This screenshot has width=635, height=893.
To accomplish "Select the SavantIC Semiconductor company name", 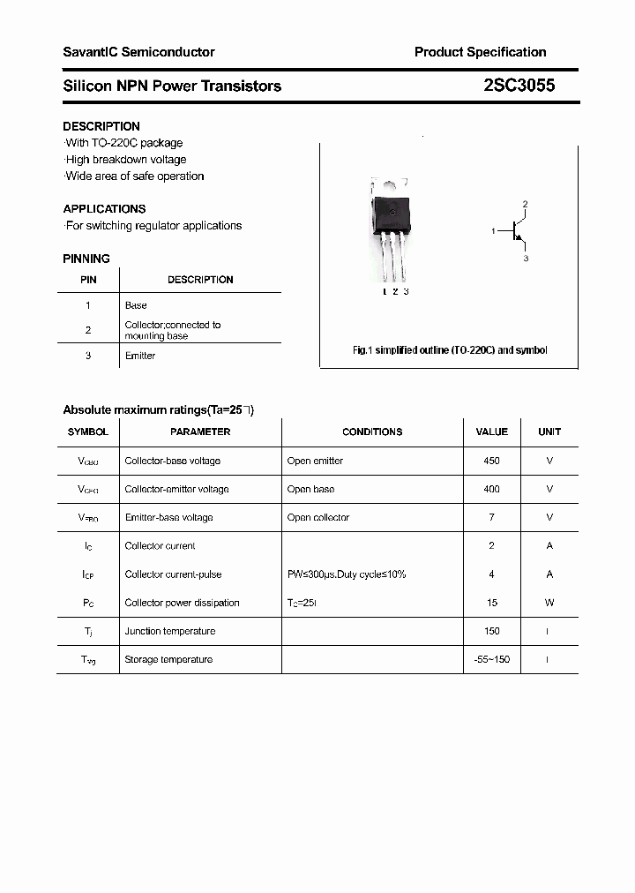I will click(x=138, y=52).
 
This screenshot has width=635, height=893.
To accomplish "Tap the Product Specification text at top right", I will click(x=480, y=52).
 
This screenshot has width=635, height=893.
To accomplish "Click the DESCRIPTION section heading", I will click(x=101, y=126).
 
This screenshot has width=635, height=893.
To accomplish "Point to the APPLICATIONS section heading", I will click(x=104, y=209).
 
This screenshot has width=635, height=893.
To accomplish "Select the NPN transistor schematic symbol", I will click(x=517, y=231).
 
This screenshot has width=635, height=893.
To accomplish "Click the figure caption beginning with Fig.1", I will click(x=450, y=350).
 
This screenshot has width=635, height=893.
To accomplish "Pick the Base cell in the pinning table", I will click(x=136, y=305).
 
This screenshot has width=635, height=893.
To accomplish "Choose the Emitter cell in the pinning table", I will click(x=140, y=356).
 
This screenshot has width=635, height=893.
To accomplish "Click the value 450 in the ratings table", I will click(x=491, y=461).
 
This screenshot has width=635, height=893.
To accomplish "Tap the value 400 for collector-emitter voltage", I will click(x=491, y=489).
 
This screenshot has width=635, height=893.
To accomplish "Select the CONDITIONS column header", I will click(x=372, y=431).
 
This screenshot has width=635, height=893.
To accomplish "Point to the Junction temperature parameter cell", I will click(x=169, y=631).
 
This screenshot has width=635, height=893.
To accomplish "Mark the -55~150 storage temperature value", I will click(x=491, y=659).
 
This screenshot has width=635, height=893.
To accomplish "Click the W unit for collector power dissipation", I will click(x=549, y=603).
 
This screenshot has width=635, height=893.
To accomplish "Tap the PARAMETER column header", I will click(x=200, y=431).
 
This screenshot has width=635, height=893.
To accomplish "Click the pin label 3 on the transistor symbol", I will click(x=526, y=259).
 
